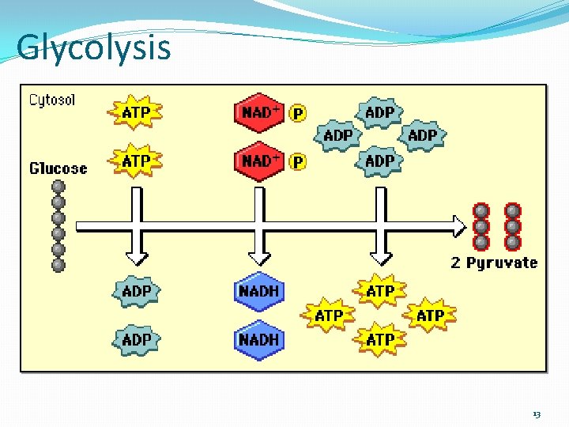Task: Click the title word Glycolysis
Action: tap(93, 47)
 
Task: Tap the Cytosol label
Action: tap(52, 100)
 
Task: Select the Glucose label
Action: tap(58, 168)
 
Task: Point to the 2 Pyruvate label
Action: tap(494, 263)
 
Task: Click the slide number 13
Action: tap(537, 414)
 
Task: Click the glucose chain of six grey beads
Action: tap(58, 225)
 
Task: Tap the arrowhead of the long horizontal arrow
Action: tap(459, 225)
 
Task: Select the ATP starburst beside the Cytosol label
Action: tap(136, 112)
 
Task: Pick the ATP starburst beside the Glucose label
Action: tap(136, 161)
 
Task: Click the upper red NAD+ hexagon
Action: tap(258, 112)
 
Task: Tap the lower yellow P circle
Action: tap(297, 162)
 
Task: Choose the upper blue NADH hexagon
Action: tap(258, 292)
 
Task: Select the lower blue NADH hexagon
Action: tap(258, 340)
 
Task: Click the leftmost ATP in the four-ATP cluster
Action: tap(329, 316)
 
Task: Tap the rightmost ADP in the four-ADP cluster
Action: tap(422, 135)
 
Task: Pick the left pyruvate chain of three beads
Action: tap(481, 226)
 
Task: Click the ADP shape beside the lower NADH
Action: tap(137, 340)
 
